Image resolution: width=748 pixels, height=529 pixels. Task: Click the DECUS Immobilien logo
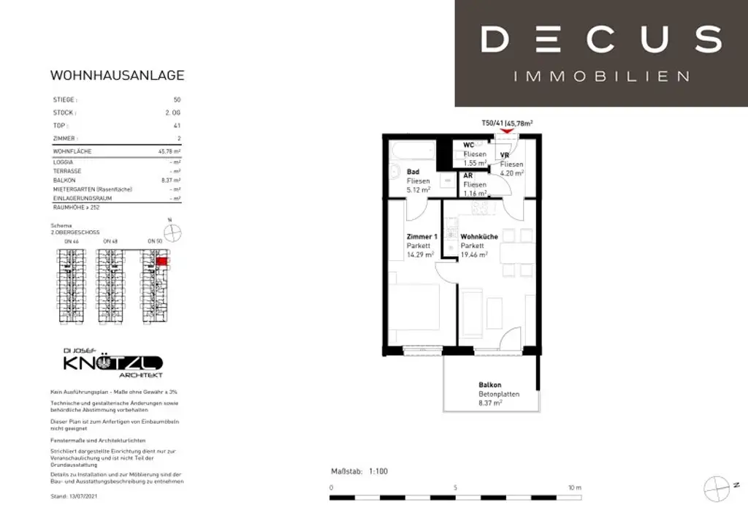click(x=601, y=53)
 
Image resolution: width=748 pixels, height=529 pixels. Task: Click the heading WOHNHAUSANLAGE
click(x=117, y=75)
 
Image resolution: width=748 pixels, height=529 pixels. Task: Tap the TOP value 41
click(x=177, y=126)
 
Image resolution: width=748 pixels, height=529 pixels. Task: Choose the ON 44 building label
click(x=72, y=241)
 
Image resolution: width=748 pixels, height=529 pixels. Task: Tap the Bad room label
click(x=413, y=172)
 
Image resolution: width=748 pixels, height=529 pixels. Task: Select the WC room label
click(x=469, y=145)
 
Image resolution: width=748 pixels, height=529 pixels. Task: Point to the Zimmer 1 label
click(x=421, y=237)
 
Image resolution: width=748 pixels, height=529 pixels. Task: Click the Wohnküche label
click(x=478, y=237)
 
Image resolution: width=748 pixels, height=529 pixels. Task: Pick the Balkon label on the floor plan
click(x=489, y=384)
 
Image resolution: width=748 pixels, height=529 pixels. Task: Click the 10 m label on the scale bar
click(x=574, y=487)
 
